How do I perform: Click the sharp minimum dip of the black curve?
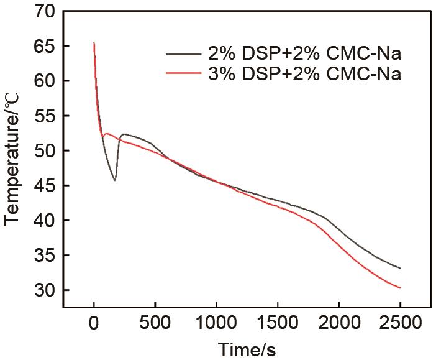coord(115,180)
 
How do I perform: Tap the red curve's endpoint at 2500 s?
coord(401,288)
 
